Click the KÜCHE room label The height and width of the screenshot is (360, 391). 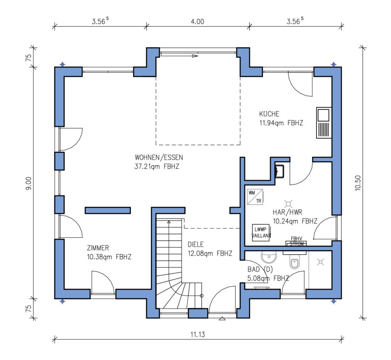[269, 114]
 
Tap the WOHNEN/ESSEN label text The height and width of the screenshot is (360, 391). [159, 157]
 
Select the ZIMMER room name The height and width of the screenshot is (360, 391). [98, 248]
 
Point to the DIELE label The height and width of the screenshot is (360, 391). [195, 244]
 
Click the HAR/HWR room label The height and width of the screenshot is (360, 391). [287, 212]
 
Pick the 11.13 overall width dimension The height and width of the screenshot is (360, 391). [198, 334]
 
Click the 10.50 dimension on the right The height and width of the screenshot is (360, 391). [358, 183]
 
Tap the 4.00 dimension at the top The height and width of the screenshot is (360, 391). [197, 22]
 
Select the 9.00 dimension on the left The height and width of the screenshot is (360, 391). [29, 183]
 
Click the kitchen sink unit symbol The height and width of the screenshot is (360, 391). [324, 123]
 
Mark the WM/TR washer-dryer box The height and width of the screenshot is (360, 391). [255, 197]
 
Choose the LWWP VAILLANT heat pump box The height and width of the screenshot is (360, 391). [261, 232]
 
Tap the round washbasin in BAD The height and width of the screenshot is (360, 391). [269, 257]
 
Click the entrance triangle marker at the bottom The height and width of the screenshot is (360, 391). [222, 318]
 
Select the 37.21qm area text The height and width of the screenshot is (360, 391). [147, 166]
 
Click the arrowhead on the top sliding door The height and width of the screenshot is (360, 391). [195, 56]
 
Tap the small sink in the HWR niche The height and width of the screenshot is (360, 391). [279, 171]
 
